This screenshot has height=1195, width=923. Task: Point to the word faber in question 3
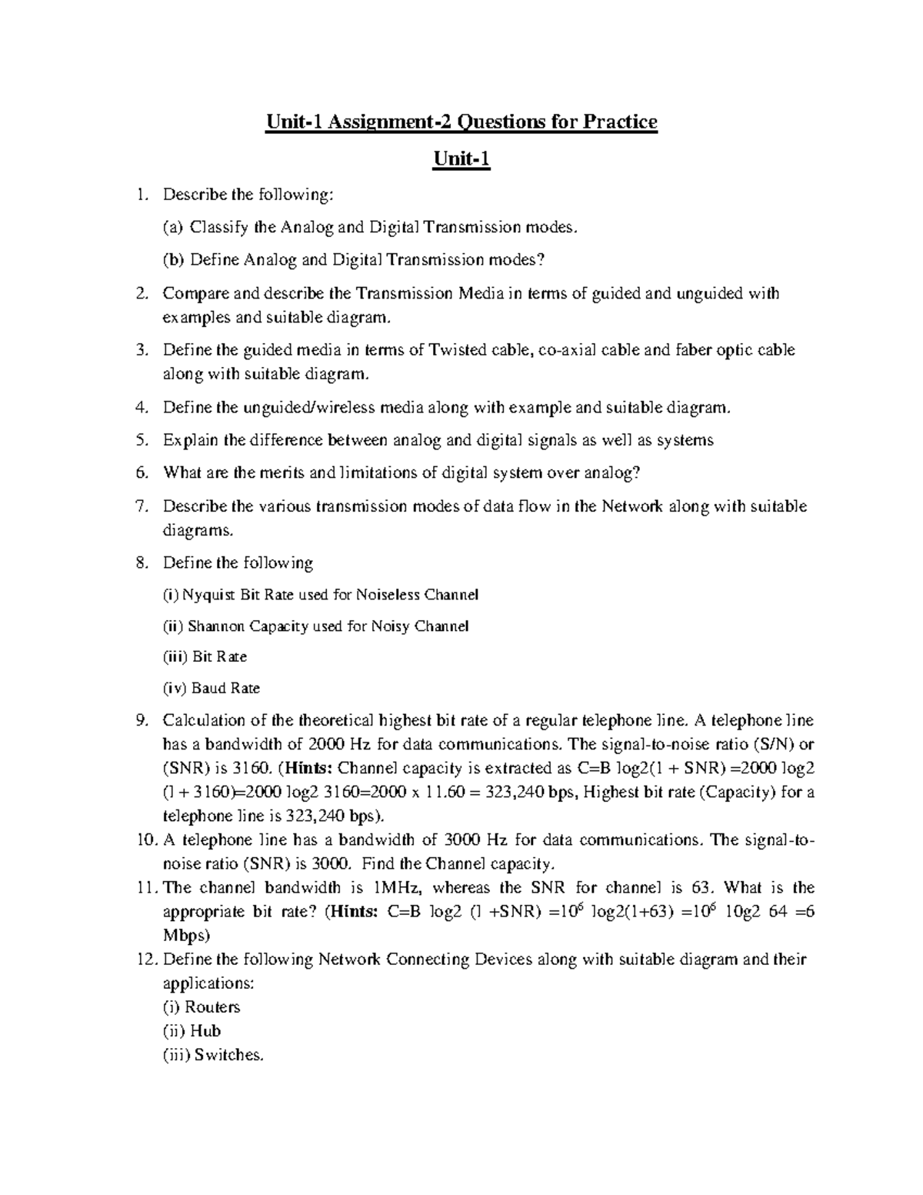tap(694, 350)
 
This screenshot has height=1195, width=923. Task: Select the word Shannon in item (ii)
tap(216, 626)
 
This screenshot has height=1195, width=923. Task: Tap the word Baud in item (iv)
tap(208, 689)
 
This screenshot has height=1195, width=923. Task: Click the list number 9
tap(140, 721)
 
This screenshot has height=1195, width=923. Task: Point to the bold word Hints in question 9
tap(310, 768)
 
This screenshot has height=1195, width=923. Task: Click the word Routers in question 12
tap(212, 1007)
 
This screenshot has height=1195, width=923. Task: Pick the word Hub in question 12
tap(205, 1031)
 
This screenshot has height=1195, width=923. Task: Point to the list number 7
tap(140, 506)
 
